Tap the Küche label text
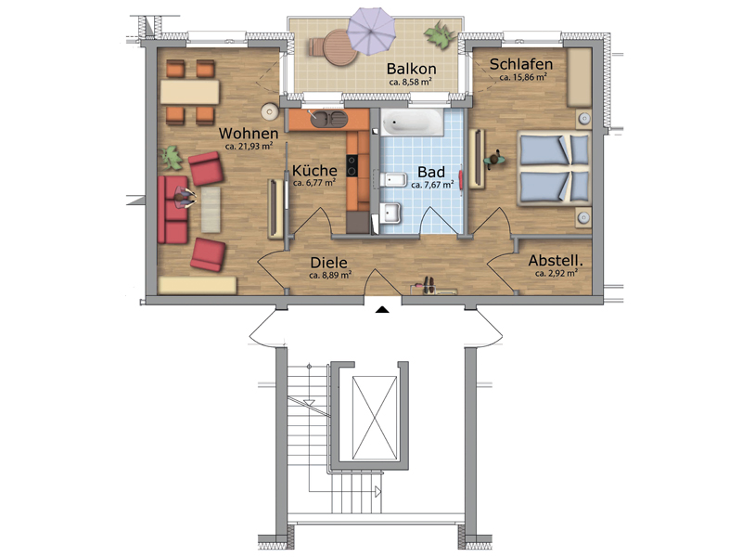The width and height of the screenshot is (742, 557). coord(314,171)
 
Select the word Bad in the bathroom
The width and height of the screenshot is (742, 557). coord(431,172)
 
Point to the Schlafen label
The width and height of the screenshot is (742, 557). coord(521,64)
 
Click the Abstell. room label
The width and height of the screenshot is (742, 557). coord(556,261)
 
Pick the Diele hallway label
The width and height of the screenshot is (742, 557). coord(329,263)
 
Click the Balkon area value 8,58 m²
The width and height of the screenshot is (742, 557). coord(410,82)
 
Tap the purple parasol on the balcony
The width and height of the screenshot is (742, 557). coord(371,32)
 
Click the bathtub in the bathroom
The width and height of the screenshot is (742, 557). coord(412,123)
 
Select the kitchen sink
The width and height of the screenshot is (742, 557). coord(326,119)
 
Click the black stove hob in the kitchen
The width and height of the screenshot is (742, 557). coord(352,166)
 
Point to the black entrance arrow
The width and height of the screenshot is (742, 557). coord(382,310)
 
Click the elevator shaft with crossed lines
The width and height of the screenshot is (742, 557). coord(375,418)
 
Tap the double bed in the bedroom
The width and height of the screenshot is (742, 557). coord(554,168)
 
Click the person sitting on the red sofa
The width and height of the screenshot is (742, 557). coord(184,198)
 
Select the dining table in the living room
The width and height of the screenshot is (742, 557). coord(189,92)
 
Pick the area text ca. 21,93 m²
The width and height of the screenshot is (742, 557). coord(249,147)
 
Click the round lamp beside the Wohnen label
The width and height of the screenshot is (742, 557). coord(269,111)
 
